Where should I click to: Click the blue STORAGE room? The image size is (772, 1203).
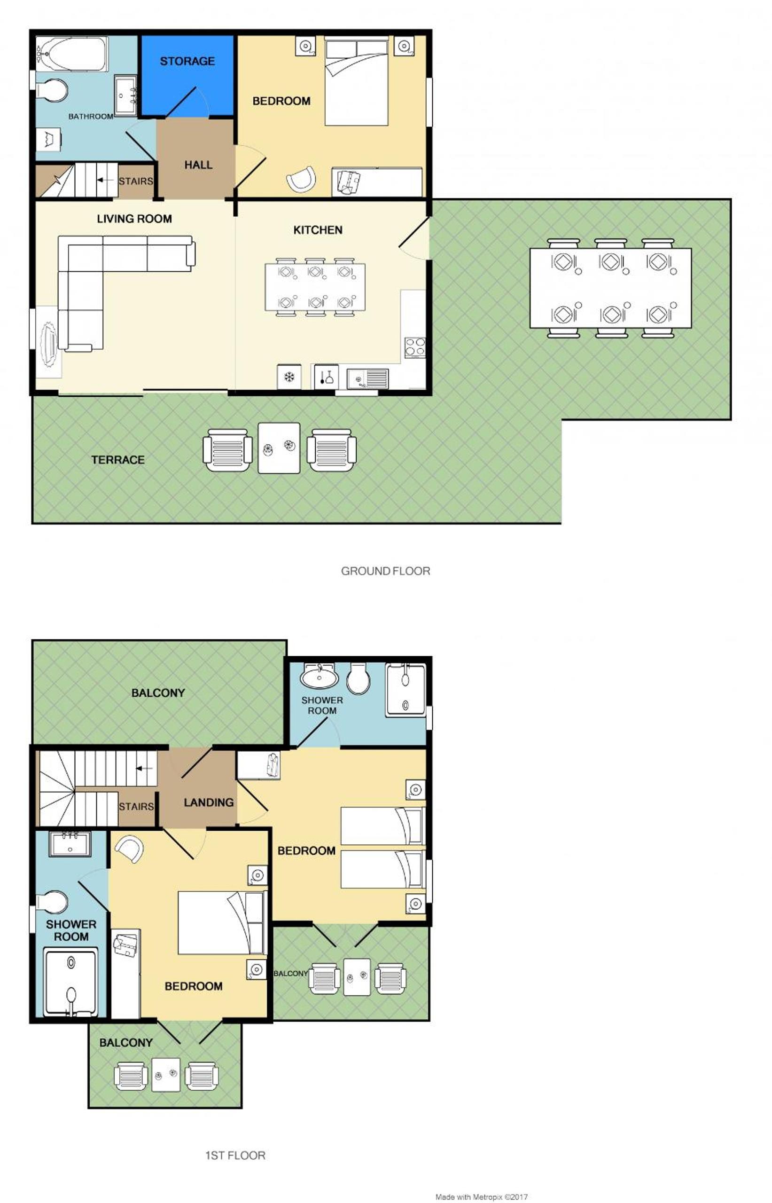coord(187,75)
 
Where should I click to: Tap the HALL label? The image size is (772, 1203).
coord(198,165)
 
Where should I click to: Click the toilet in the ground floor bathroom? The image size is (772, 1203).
coord(52,90)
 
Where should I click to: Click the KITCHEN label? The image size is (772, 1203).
coord(318,230)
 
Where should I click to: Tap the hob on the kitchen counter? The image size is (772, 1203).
coord(415,347)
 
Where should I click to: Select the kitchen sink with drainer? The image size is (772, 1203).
coord(367,378)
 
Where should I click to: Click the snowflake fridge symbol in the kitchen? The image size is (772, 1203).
coord(289,377)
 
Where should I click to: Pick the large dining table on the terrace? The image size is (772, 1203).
coord(610,288)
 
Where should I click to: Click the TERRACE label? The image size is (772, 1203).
coord(118,460)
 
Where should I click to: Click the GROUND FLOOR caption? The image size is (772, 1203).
coord(385,571)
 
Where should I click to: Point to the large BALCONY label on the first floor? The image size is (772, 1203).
coord(158,693)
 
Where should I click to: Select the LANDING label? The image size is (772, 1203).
coord(209,803)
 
